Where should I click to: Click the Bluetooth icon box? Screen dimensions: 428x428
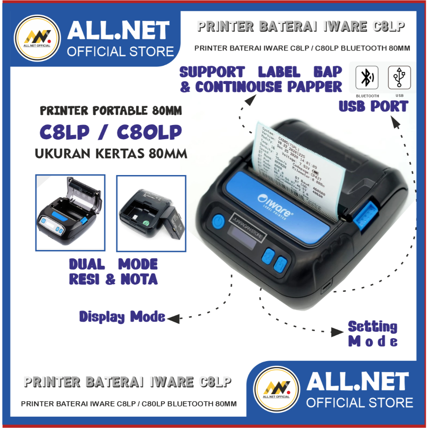click(367, 78)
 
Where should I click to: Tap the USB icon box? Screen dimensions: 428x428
click(399, 78)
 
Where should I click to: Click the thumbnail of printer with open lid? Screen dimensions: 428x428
click(70, 213)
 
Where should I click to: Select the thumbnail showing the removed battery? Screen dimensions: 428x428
click(151, 213)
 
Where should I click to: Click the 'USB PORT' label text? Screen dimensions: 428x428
click(373, 107)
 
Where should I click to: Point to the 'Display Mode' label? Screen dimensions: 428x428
click(122, 317)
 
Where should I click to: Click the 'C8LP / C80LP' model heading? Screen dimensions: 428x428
click(111, 132)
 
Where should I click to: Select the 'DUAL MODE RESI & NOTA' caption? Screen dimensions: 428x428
click(113, 272)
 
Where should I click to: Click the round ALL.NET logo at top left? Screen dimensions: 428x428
click(37, 38)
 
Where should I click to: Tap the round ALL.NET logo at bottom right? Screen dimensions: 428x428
click(277, 389)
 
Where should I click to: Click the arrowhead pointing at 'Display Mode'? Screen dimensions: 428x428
click(173, 319)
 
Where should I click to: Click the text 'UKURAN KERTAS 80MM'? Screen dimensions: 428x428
click(111, 153)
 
